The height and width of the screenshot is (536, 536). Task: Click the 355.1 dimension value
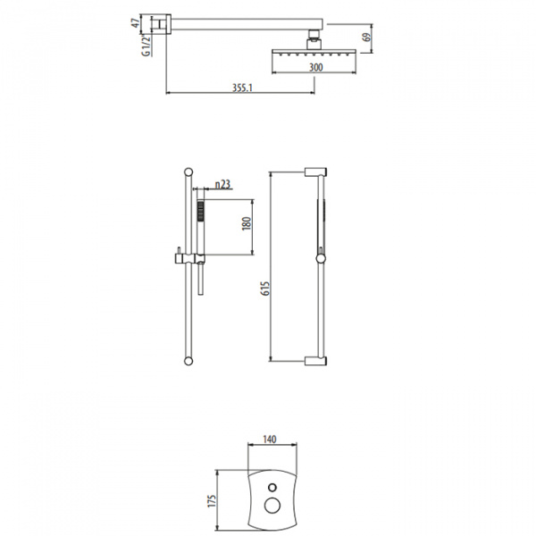point(242,88)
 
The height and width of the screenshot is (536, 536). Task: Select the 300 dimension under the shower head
point(315,67)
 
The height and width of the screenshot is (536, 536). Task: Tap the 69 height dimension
point(366,37)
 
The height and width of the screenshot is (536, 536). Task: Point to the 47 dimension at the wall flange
point(136,23)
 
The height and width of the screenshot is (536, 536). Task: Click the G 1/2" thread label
point(146,45)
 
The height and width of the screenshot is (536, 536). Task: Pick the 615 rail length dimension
point(265,289)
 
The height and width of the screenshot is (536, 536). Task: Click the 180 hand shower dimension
point(247,224)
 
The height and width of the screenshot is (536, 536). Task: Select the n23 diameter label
point(222,185)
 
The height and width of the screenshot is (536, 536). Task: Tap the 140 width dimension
point(270,440)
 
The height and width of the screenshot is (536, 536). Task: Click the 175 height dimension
point(212,501)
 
